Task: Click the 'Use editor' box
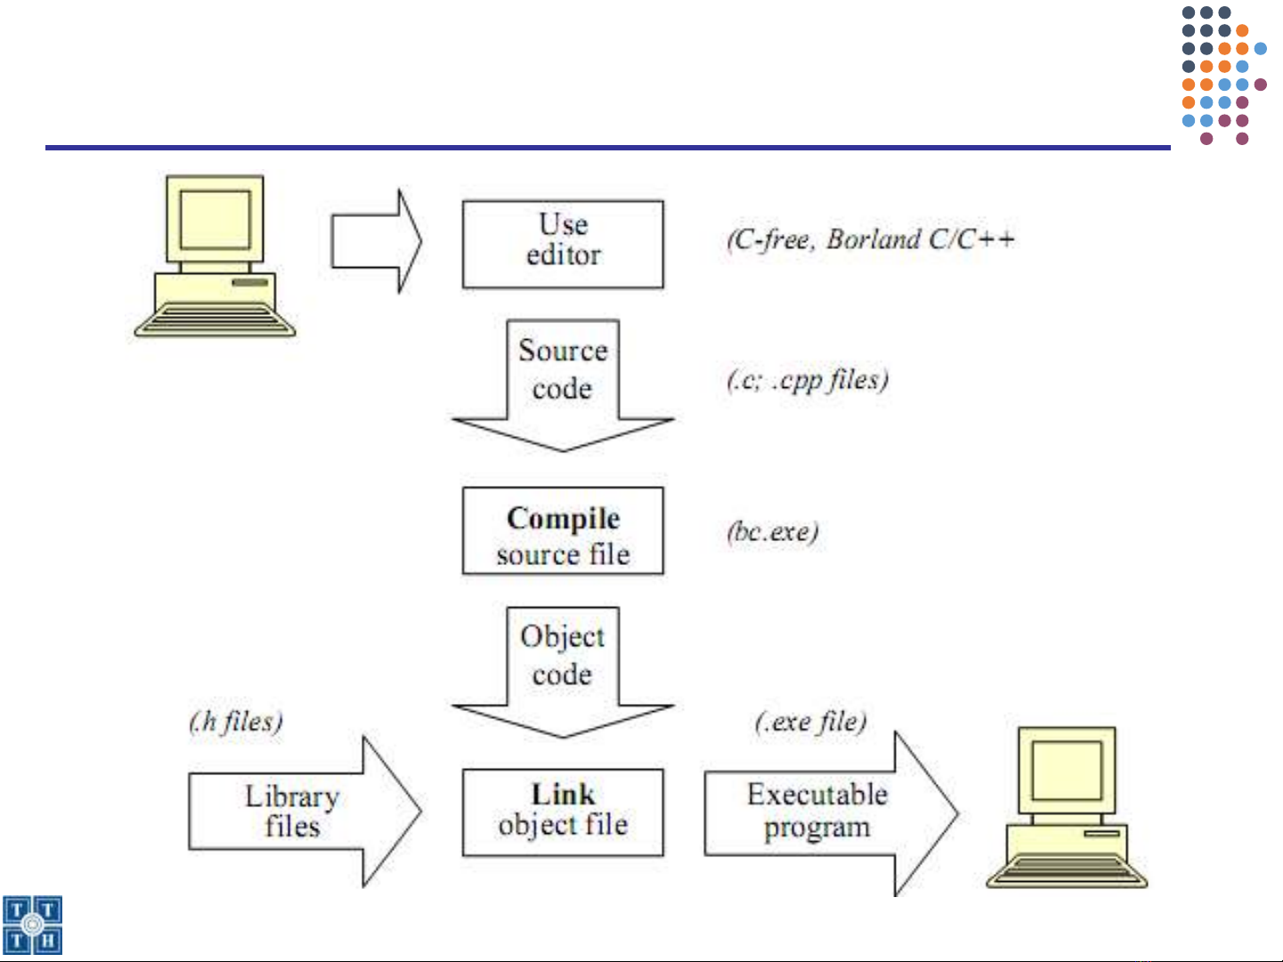(563, 244)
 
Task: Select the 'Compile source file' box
(563, 531)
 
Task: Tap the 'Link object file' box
(563, 812)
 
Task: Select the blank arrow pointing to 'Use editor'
(375, 241)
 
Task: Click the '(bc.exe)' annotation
(772, 532)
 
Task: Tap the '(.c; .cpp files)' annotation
(808, 380)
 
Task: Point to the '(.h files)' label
(236, 721)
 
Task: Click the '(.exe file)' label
(810, 721)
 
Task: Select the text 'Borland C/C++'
(921, 239)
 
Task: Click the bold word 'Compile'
(563, 518)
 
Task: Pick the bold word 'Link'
(563, 794)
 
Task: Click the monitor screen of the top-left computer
(215, 219)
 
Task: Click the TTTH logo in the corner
(33, 926)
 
